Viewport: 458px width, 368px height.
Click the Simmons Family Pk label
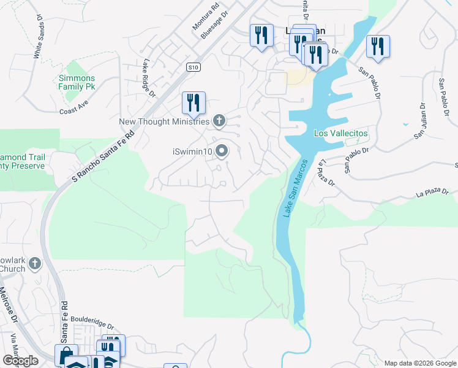(x=77, y=82)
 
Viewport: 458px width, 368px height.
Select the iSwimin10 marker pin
(x=222, y=150)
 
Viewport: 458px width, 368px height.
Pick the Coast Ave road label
(x=74, y=111)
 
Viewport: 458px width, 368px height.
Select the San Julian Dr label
(x=421, y=120)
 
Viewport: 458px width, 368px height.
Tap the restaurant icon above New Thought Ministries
(x=193, y=102)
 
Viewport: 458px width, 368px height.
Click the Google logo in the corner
(x=20, y=361)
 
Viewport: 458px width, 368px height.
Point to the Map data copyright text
(x=419, y=363)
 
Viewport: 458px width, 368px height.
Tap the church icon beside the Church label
(x=35, y=264)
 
